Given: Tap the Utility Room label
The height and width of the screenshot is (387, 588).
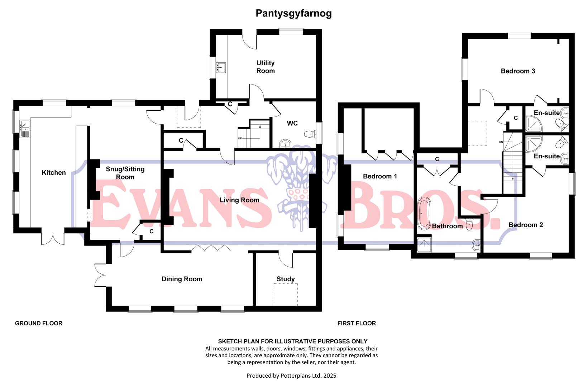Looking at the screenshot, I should [266, 67].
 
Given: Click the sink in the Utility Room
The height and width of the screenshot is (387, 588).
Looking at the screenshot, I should [221, 67].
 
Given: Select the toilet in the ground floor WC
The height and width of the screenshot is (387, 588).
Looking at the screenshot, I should [309, 134].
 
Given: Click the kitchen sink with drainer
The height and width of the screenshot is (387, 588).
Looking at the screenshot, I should [25, 129].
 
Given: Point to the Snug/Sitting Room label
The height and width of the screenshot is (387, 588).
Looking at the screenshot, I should [125, 173].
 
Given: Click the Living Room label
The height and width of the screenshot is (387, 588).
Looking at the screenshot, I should [239, 200].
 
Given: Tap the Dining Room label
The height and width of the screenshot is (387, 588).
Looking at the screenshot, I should [182, 279].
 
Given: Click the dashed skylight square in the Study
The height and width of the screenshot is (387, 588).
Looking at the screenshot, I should [286, 294].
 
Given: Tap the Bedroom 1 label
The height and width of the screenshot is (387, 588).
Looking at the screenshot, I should [380, 176].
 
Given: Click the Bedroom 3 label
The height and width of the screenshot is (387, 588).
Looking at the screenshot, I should [518, 71].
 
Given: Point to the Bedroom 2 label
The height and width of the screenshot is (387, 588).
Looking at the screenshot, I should [526, 225].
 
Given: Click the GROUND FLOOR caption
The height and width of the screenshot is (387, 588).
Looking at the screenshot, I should [39, 323].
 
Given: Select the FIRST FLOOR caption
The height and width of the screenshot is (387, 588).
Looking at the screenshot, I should [357, 323].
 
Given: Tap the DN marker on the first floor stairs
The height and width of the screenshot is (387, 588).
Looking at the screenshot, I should [501, 142].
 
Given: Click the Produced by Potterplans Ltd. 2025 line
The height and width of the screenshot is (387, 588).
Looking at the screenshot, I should [291, 376].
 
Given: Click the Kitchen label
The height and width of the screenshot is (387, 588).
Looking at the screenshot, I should [54, 173].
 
